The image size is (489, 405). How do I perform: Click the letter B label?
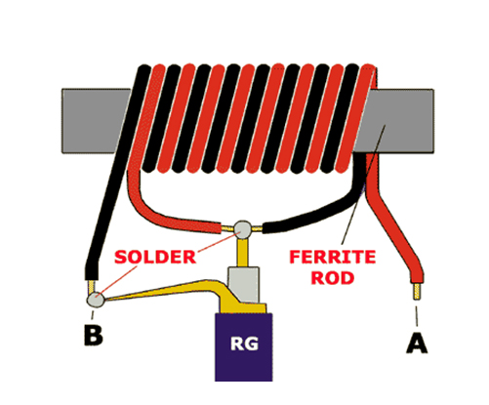click(94, 335)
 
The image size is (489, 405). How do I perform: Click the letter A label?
click(417, 344)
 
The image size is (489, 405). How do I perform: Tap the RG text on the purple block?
click(244, 344)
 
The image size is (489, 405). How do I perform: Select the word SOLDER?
click(155, 257)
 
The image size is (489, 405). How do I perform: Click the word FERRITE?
click(333, 257)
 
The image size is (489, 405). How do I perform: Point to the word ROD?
click(333, 278)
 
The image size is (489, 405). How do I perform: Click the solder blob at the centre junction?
click(243, 229)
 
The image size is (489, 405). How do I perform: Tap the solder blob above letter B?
click(96, 300)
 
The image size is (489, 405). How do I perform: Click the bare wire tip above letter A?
click(417, 292)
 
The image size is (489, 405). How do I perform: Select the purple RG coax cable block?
click(244, 346)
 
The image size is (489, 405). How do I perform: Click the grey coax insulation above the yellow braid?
click(244, 284)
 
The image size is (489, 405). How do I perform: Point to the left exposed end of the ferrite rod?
click(95, 121)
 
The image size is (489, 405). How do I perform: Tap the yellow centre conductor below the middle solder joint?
click(243, 253)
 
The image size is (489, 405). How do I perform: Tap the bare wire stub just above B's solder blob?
click(92, 287)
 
